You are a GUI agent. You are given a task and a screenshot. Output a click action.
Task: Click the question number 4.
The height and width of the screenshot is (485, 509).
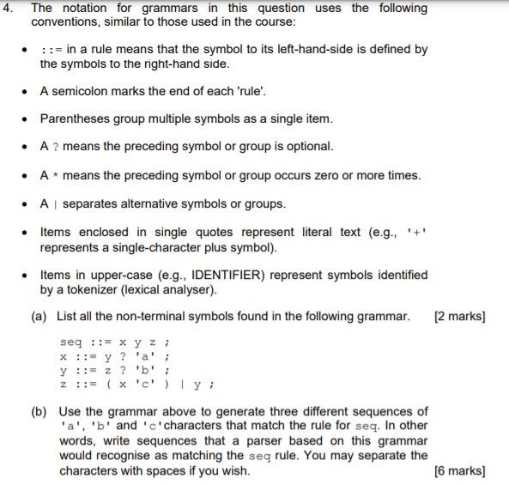(9, 8)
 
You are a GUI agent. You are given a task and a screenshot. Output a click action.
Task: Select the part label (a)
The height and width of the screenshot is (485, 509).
(39, 316)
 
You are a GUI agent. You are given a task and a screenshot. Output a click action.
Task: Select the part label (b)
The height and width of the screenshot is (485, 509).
(39, 411)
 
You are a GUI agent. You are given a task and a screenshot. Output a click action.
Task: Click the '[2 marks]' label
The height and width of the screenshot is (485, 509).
(459, 316)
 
